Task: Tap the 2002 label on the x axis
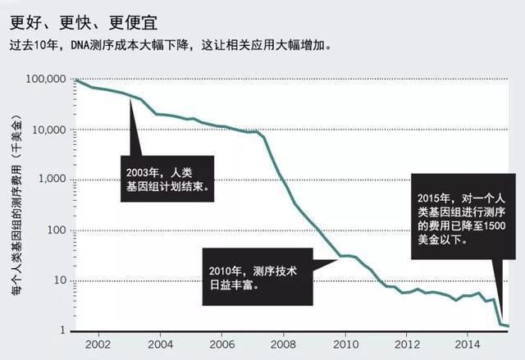point(98,345)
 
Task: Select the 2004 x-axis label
point(160,345)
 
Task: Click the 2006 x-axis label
point(221,345)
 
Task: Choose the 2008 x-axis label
point(284,345)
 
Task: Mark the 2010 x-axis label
point(345,345)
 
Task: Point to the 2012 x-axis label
point(407,345)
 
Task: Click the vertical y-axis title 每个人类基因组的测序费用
point(17,205)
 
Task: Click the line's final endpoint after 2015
point(508,326)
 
